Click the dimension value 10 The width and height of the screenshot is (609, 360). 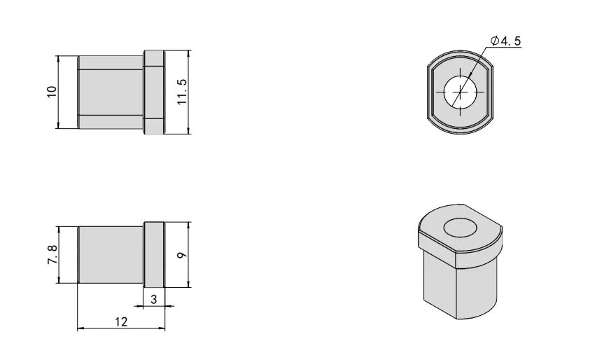51,92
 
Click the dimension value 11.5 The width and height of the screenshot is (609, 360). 182,92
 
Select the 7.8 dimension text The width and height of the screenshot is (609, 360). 51,254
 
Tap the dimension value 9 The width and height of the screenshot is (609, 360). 182,256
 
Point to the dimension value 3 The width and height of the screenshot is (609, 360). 154,298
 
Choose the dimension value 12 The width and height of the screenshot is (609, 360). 120,321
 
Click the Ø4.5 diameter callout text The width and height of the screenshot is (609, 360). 505,41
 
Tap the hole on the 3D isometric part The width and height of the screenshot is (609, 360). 461,228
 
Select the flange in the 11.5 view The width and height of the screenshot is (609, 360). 154,92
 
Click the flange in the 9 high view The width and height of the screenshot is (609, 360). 154,255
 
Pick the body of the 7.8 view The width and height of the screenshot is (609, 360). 111,254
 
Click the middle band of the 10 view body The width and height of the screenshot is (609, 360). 111,92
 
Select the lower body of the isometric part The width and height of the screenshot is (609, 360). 458,287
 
